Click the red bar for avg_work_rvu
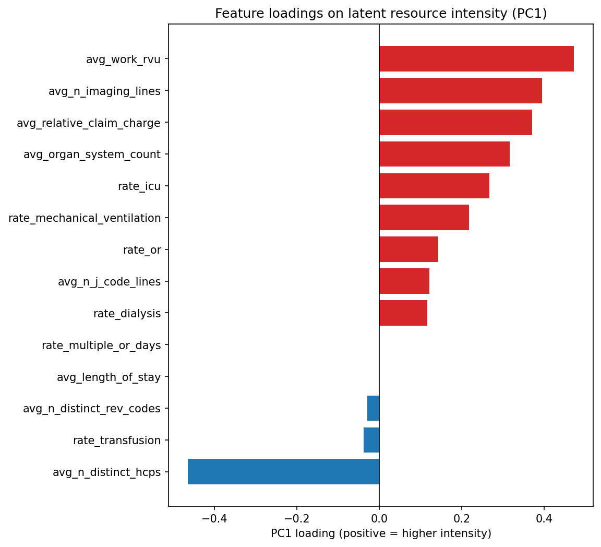coord(476,59)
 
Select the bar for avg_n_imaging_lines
coord(460,91)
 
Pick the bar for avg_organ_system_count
coord(444,154)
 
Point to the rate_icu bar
coord(434,186)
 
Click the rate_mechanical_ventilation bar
coord(424,218)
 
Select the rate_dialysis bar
coord(403,313)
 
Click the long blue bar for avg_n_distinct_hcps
coord(283,472)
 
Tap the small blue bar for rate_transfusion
coord(371,440)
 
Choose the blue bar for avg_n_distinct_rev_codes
coord(373,408)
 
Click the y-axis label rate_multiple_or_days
coord(101,346)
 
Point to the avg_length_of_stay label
coord(109,377)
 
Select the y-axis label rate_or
coord(142,250)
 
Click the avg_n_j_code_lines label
coord(109,282)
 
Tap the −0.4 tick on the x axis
coord(214,519)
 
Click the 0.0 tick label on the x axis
coord(379,519)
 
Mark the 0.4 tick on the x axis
coord(544,519)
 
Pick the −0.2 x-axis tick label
coord(296,519)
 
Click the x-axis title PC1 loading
coord(381,534)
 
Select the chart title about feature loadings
coord(381,14)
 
